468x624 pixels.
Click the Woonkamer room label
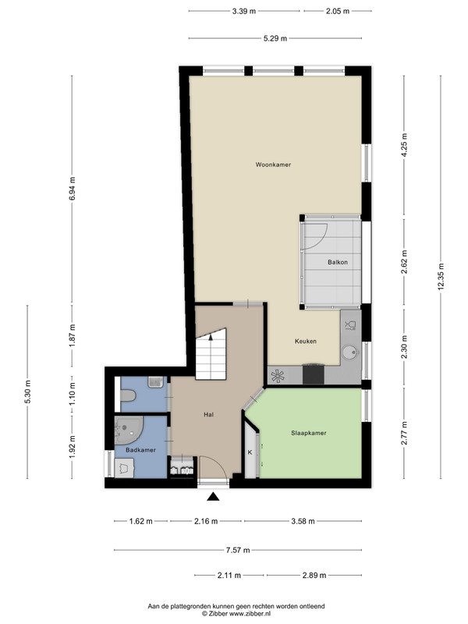[x=273, y=165]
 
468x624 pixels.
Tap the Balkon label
[x=338, y=262]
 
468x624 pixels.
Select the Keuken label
[x=306, y=341]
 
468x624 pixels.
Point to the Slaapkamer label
[x=308, y=433]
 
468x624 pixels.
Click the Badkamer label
[x=140, y=450]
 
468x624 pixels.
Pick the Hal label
[x=208, y=414]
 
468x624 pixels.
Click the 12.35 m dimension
[x=441, y=277]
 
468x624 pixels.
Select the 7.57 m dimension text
[x=238, y=550]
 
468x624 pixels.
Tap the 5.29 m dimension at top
[x=275, y=38]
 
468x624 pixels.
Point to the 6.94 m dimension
[x=72, y=189]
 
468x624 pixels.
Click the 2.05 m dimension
[x=338, y=11]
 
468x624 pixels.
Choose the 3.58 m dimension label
[x=303, y=521]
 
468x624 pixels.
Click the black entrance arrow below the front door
[x=213, y=496]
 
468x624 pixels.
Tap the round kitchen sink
[x=349, y=353]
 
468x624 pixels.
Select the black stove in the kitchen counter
[x=314, y=374]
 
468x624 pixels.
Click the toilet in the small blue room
[x=128, y=395]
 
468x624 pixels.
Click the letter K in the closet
[x=250, y=452]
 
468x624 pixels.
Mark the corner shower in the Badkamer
[x=128, y=431]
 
